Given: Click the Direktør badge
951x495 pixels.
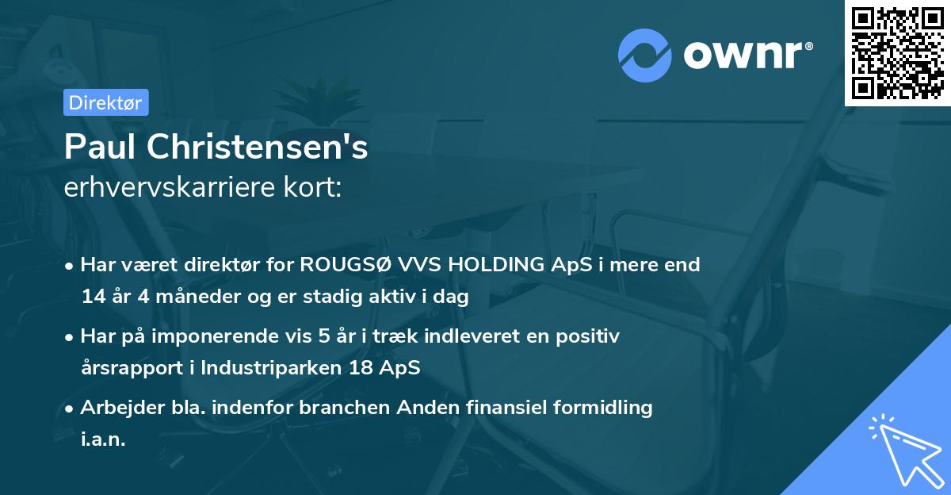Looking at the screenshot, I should [x=105, y=102].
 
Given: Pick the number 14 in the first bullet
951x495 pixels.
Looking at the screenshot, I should [x=93, y=297].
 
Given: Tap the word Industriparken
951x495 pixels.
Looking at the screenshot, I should [x=266, y=369].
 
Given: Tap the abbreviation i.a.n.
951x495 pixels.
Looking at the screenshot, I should [x=103, y=439].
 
